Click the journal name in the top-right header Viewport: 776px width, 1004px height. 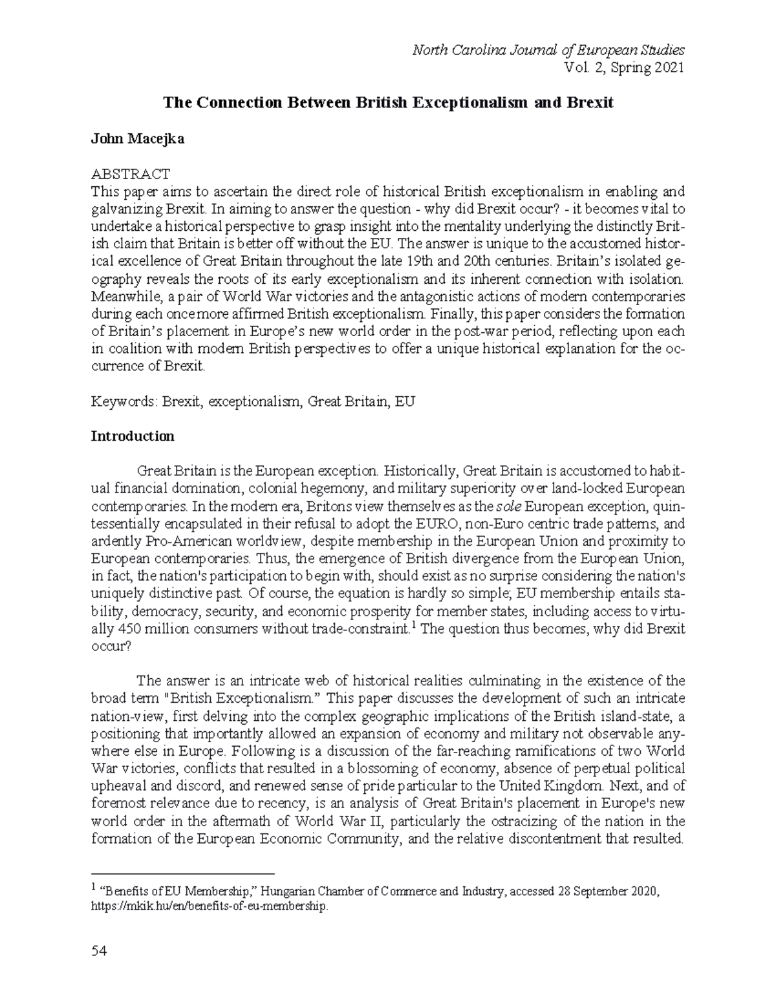tap(548, 50)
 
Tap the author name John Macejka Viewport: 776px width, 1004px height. tap(137, 139)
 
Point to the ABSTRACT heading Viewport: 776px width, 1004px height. tap(130, 174)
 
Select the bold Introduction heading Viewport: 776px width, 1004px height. tap(133, 436)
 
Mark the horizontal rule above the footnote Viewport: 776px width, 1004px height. tap(183, 873)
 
